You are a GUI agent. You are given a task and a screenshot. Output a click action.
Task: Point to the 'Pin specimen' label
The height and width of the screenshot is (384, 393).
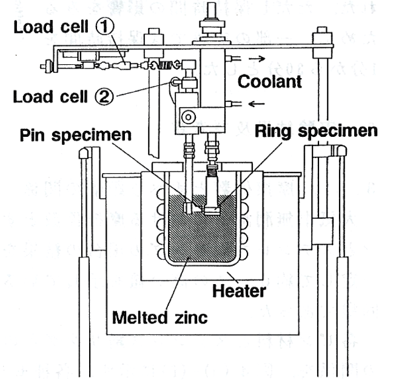point(75,135)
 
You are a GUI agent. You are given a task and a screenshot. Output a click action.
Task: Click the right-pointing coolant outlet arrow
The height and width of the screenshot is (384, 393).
point(255,58)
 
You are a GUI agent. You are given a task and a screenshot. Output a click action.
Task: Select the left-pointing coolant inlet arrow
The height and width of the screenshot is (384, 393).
point(255,104)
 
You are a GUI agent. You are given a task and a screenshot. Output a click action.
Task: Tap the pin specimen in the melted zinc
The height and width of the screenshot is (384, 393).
point(190,206)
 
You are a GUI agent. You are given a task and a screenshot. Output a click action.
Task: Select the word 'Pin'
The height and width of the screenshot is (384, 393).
point(32,135)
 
